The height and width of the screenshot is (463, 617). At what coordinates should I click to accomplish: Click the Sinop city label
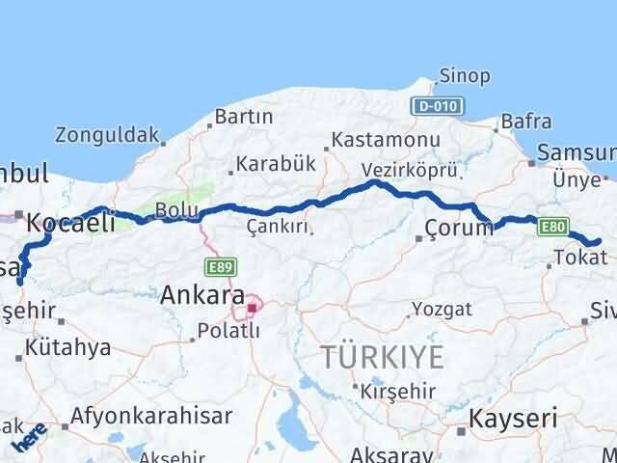tap(464, 76)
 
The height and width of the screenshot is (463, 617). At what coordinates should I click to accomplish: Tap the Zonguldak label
tap(106, 135)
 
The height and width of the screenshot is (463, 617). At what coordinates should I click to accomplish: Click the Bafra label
tap(525, 123)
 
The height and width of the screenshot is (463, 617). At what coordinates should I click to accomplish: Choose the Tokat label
tap(581, 258)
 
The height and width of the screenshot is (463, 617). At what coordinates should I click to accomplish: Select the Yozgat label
tap(442, 310)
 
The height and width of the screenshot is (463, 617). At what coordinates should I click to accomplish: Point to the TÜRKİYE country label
tap(383, 356)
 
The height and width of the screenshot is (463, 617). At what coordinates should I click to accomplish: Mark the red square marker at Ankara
tap(252, 309)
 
